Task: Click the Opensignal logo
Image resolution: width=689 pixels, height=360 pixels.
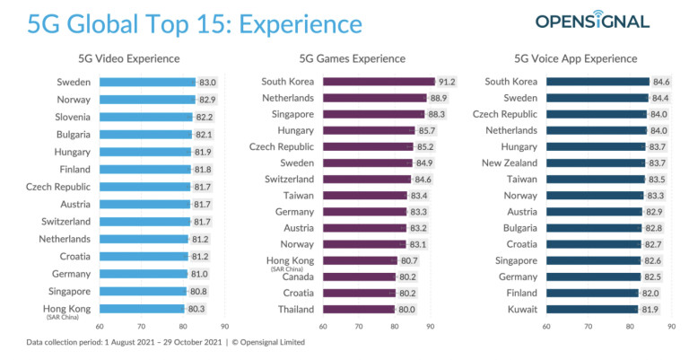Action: [592, 21]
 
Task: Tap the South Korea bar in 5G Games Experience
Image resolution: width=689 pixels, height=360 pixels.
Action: [378, 82]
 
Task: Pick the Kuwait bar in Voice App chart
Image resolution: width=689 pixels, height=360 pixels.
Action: [591, 309]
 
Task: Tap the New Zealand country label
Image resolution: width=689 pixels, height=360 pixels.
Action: [510, 162]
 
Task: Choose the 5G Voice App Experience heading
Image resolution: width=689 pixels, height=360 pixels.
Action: [589, 58]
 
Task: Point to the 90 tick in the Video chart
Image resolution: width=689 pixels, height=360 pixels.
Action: [224, 327]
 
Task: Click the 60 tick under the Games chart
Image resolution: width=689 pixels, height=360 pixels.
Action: [323, 327]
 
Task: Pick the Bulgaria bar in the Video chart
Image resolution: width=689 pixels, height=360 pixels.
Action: [144, 134]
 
